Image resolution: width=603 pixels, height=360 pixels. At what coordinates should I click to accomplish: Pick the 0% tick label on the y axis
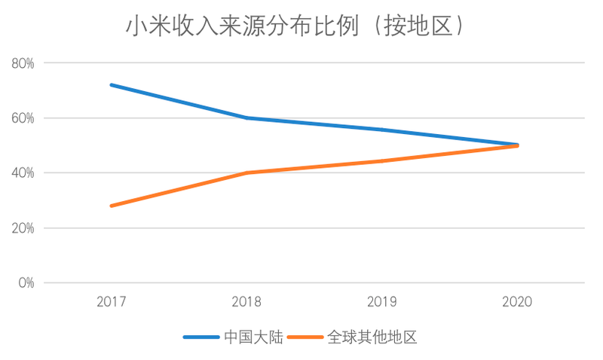[x=26, y=283]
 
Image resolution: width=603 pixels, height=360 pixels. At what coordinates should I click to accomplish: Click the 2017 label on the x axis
[x=112, y=302]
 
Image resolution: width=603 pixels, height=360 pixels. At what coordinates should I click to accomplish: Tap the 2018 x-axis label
[x=247, y=302]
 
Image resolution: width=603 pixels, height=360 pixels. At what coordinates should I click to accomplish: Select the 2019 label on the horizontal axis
[x=382, y=302]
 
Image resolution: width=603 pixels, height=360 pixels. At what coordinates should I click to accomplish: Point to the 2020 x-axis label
[x=518, y=302]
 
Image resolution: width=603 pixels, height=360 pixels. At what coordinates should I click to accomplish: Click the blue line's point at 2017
[x=112, y=85]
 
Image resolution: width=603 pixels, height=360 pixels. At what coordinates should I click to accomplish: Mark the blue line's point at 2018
[x=247, y=118]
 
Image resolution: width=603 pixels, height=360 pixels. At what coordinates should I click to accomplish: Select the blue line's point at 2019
[x=382, y=130]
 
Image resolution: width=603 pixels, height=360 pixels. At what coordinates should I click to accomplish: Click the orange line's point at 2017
[x=112, y=206]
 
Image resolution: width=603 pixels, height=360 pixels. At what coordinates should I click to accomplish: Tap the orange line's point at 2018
[x=247, y=173]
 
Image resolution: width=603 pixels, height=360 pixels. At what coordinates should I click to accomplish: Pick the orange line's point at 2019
[x=382, y=161]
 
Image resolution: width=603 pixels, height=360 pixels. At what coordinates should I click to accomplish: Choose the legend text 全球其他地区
[x=372, y=337]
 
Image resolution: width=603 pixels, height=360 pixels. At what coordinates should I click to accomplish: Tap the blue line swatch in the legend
[x=200, y=337]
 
